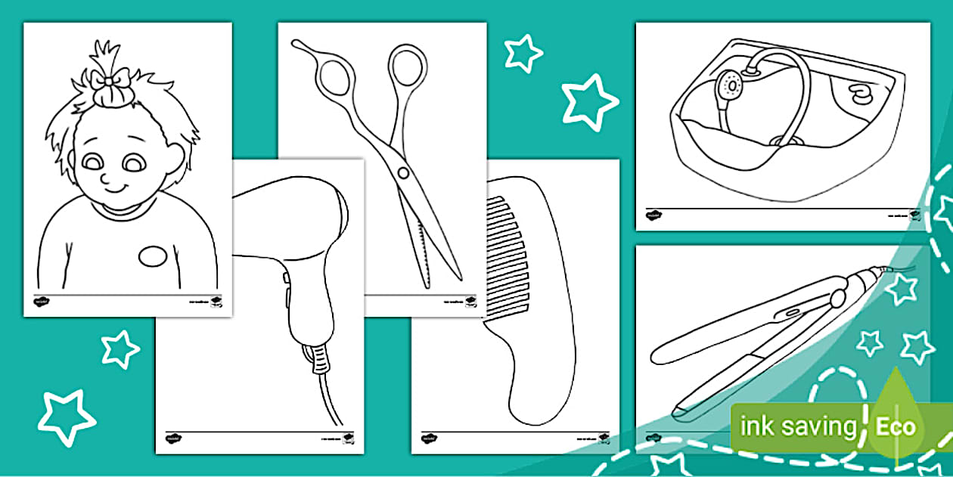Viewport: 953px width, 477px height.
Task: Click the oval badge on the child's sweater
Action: click(153, 256)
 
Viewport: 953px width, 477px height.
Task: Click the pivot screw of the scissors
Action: click(404, 173)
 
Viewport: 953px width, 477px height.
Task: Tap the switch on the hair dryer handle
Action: click(287, 282)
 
